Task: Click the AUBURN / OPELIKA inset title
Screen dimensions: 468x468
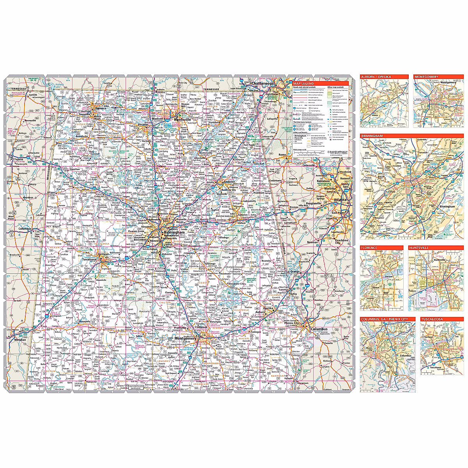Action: (376, 77)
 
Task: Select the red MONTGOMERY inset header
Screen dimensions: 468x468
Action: (426, 77)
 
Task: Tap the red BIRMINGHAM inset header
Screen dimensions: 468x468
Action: (372, 136)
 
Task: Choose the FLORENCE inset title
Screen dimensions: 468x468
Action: (369, 248)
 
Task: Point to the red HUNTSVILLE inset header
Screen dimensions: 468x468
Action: (419, 248)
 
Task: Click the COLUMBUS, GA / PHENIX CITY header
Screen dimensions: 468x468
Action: (385, 319)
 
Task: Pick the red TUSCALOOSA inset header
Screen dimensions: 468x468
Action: (432, 319)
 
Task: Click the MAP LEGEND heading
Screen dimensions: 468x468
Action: (303, 83)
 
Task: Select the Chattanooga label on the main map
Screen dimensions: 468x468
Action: (263, 83)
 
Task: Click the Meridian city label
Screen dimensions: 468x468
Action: (20, 340)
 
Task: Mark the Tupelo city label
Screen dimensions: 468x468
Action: (18, 159)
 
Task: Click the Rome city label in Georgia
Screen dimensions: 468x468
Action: (282, 155)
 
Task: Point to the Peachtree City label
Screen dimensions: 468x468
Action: (341, 241)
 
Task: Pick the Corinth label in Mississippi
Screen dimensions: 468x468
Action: (33, 95)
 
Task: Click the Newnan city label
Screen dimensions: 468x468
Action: (312, 242)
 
